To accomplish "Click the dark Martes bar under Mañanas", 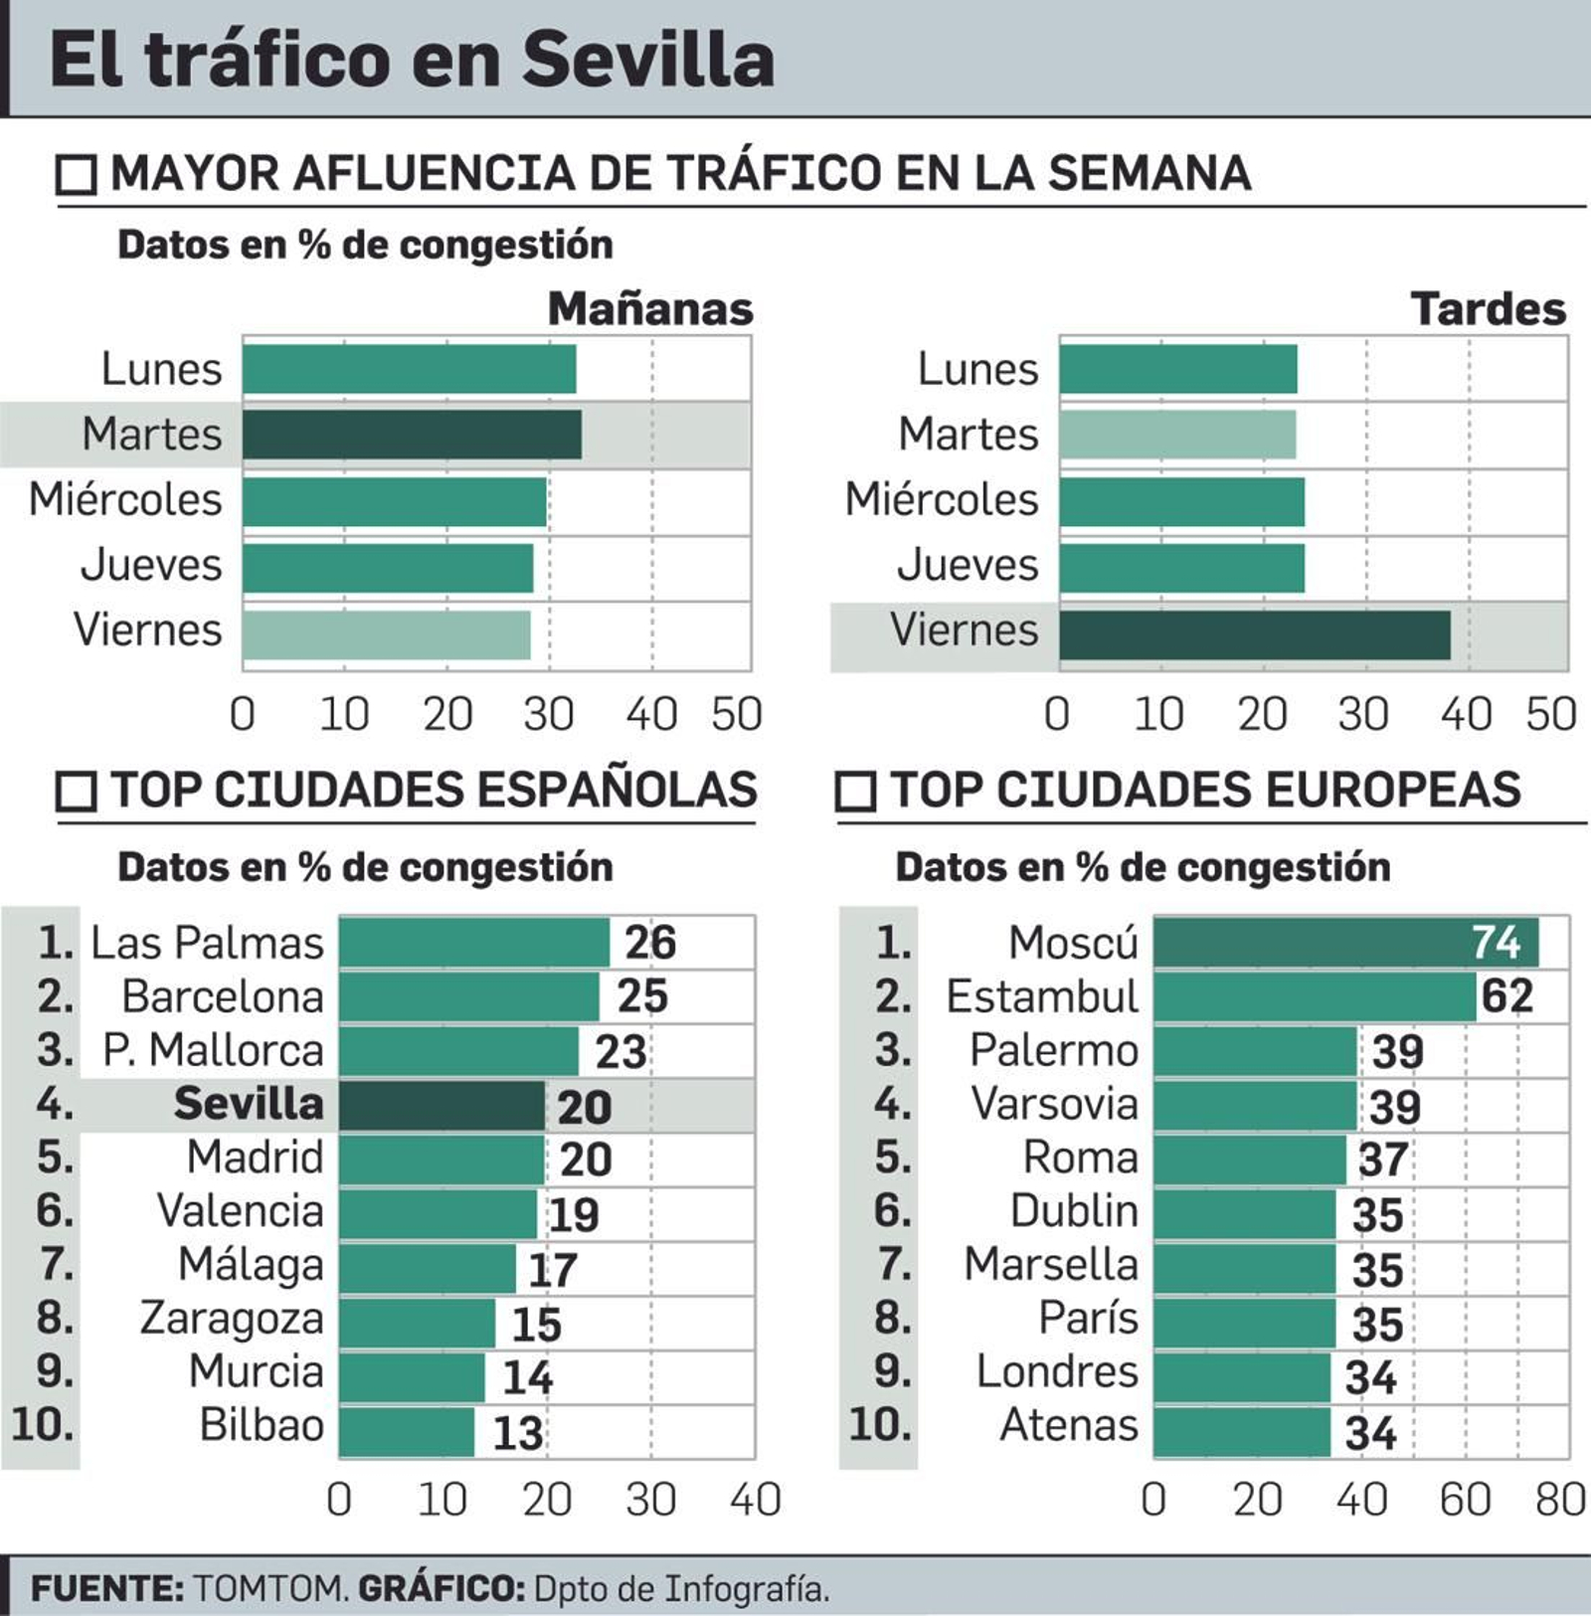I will click(x=412, y=435).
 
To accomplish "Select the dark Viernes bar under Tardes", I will click(x=1254, y=634).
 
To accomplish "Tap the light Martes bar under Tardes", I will click(x=1177, y=435).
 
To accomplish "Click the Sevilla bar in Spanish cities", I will click(x=442, y=1105).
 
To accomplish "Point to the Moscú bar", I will click(x=1345, y=942).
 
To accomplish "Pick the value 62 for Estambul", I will click(x=1506, y=996).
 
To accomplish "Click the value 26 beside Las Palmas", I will click(x=650, y=942).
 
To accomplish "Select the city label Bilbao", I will click(x=262, y=1425).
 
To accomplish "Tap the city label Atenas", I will click(x=1068, y=1425).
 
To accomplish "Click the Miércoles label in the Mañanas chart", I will click(x=125, y=499).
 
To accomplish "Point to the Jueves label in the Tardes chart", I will click(x=968, y=565).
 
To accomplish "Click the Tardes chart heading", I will click(x=1488, y=309).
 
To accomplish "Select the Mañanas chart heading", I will click(x=650, y=309).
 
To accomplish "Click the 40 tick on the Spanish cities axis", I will click(x=755, y=1500).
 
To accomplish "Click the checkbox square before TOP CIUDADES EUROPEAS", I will click(x=855, y=793).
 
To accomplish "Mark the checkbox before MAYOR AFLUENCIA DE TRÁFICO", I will click(x=77, y=175).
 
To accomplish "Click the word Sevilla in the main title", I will click(x=647, y=60).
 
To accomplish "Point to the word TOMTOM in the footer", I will click(x=269, y=1588).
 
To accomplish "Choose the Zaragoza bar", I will click(x=417, y=1322).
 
